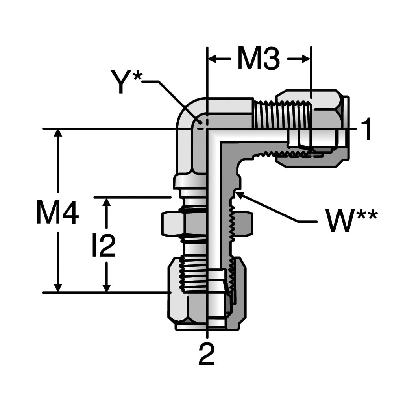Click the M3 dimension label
pos(259,58)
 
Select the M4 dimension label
pos(57,212)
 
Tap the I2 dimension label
pos(104,246)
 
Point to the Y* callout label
pos(126,81)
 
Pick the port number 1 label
pos(366,129)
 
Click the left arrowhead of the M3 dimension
pos(212,59)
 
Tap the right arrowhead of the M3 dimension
pos(306,59)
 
